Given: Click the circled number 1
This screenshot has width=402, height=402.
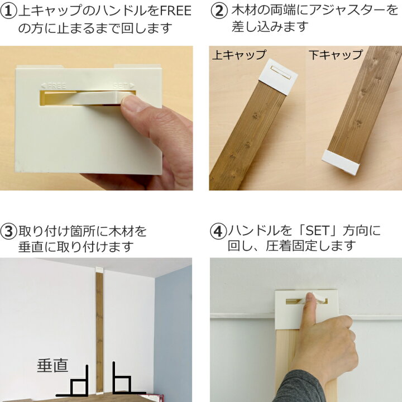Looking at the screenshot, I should click(10, 11).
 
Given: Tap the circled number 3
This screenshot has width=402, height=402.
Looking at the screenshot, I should click(9, 231).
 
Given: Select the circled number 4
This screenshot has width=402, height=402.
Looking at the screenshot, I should click(218, 231).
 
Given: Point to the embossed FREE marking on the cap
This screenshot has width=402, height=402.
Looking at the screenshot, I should click(54, 85).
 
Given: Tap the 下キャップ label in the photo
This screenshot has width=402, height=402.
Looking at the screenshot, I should click(336, 55).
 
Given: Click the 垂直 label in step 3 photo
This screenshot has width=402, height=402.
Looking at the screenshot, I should click(52, 366).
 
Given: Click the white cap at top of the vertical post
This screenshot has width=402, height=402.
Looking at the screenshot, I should click(99, 270).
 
